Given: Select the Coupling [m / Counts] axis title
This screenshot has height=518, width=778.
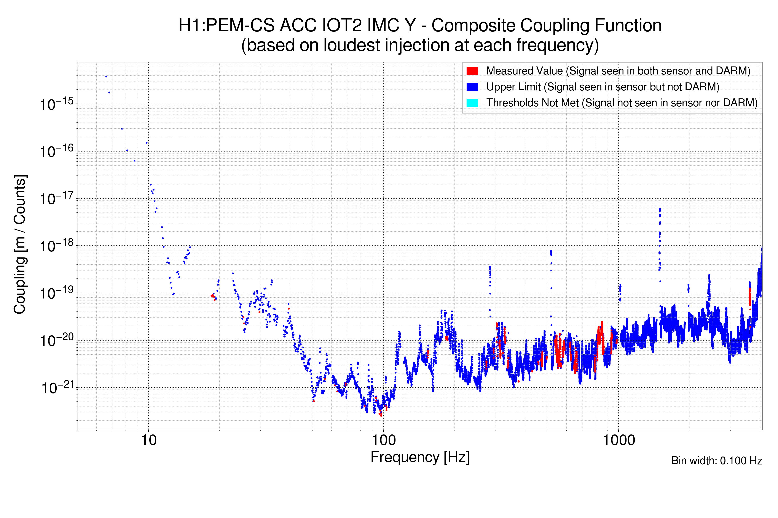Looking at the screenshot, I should [20, 245].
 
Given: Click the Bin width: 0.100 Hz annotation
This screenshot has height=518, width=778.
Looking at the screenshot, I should [716, 461].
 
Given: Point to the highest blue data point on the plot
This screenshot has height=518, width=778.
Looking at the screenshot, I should [106, 77].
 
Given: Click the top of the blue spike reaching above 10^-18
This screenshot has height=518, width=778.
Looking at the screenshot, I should [660, 209].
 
